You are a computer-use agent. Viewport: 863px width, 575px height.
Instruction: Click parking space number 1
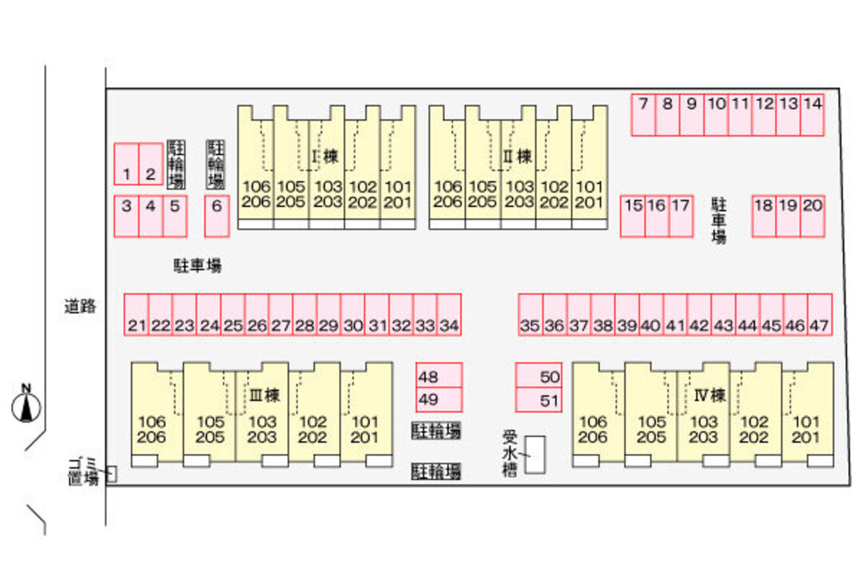pyautogui.click(x=126, y=164)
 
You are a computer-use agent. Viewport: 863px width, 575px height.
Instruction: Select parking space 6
pyautogui.click(x=217, y=216)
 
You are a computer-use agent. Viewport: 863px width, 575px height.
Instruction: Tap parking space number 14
pyautogui.click(x=813, y=115)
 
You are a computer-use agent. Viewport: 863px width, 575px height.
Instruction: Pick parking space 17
pyautogui.click(x=681, y=216)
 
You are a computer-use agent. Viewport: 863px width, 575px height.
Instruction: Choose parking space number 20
pyautogui.click(x=813, y=216)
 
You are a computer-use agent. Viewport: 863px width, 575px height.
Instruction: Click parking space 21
pyautogui.click(x=137, y=314)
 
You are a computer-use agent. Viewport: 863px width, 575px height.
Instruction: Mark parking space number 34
pyautogui.click(x=449, y=314)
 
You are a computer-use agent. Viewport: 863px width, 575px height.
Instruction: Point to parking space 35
pyautogui.click(x=531, y=314)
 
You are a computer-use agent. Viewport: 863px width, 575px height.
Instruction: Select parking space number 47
pyautogui.click(x=819, y=314)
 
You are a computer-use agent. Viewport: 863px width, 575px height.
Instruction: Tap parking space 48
pyautogui.click(x=439, y=375)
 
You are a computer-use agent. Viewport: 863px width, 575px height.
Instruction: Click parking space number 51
pyautogui.click(x=539, y=400)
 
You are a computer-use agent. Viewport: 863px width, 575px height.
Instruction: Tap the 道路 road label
pyautogui.click(x=80, y=305)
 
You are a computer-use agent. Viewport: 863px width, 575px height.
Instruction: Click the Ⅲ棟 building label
pyautogui.click(x=263, y=395)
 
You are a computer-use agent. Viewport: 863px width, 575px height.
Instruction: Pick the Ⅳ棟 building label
pyautogui.click(x=709, y=395)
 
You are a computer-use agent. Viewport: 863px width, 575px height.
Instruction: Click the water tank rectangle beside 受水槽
pyautogui.click(x=535, y=454)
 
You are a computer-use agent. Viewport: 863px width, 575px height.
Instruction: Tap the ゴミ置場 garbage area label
pyautogui.click(x=82, y=470)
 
